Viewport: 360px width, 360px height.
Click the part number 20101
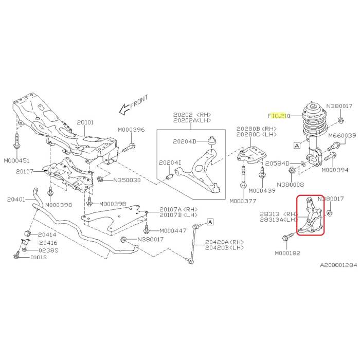click(85, 122)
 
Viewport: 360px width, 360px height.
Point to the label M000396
click(131, 130)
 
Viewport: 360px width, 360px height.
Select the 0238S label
click(49, 250)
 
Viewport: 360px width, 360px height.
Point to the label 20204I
click(170, 163)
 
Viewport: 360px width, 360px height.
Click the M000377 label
click(243, 201)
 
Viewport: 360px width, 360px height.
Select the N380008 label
click(291, 184)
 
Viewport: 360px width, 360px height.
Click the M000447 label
click(174, 230)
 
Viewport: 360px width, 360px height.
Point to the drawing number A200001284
click(338, 265)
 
